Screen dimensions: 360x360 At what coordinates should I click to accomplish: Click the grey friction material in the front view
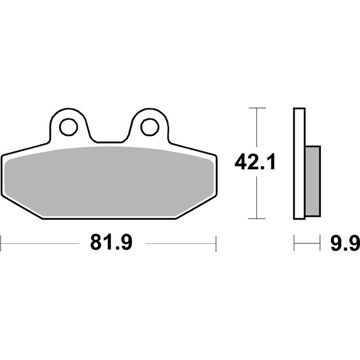[108, 180]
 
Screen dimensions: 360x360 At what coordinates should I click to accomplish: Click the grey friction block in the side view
[313, 180]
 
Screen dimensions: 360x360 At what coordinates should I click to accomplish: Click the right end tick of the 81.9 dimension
[216, 243]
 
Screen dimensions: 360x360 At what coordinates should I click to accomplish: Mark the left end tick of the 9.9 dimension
[294, 243]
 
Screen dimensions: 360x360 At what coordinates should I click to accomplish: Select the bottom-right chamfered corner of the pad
[196, 208]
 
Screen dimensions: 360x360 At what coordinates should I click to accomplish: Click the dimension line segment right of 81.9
[180, 243]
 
